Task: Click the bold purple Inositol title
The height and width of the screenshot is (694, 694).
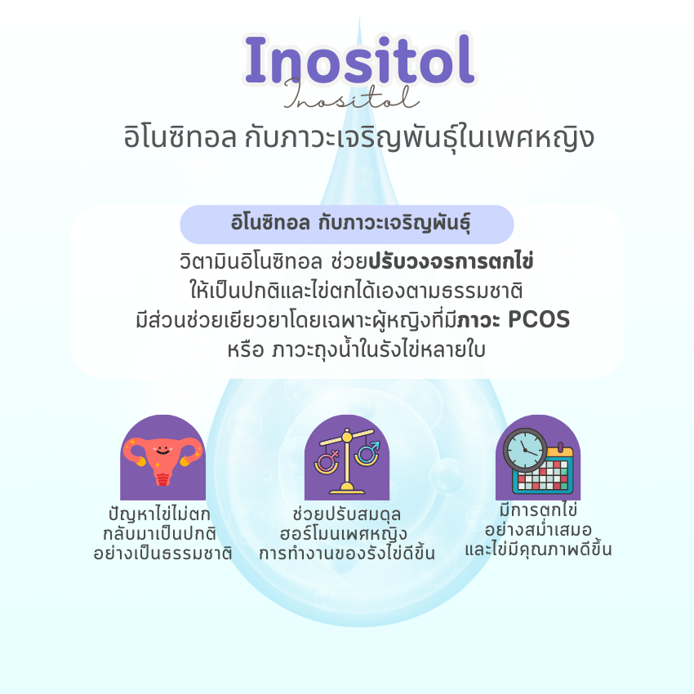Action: (x=359, y=60)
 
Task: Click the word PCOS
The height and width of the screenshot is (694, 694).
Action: (x=539, y=319)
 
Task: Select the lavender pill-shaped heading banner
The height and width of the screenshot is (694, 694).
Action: (x=346, y=224)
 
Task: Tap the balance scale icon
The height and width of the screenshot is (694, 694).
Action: (x=347, y=460)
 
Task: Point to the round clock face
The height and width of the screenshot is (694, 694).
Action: (x=525, y=449)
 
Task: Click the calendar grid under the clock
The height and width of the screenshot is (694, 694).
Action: (x=543, y=472)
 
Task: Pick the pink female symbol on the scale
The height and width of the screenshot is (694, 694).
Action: (x=327, y=460)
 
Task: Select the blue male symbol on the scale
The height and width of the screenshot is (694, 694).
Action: (x=367, y=452)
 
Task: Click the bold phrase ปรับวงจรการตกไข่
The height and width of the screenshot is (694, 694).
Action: (x=451, y=261)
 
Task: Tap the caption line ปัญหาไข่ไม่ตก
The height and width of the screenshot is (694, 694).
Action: (x=159, y=514)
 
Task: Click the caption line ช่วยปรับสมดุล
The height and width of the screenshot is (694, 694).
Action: (x=347, y=514)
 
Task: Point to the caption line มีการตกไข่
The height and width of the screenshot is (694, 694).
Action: (x=538, y=509)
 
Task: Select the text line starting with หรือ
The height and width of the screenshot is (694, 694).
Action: (x=356, y=349)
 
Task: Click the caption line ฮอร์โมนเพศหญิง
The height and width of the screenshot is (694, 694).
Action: (x=344, y=534)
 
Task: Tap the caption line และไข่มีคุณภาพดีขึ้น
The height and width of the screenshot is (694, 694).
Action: (x=538, y=549)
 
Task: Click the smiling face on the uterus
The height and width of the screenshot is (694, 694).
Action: (x=162, y=450)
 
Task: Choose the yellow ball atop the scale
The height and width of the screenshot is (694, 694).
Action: (x=347, y=438)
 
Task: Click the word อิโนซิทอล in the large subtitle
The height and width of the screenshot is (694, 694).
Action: (x=180, y=137)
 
